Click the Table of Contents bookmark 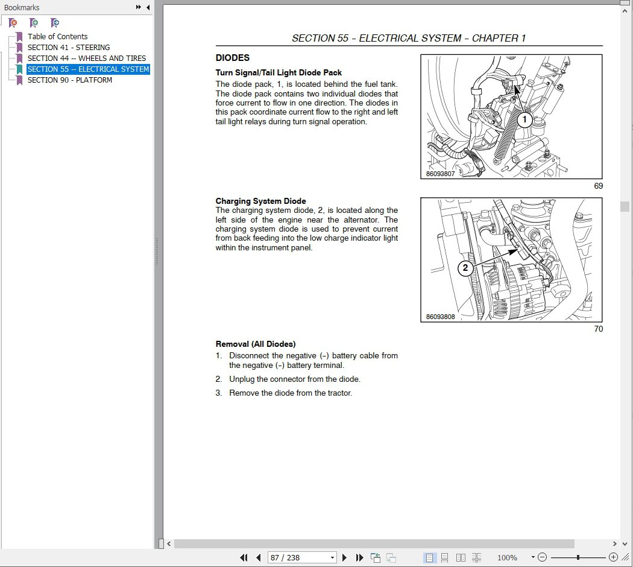(57, 37)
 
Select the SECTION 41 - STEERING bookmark (69, 48)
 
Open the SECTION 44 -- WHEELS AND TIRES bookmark (86, 59)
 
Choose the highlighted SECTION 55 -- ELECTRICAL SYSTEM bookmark (88, 69)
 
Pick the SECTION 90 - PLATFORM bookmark (69, 80)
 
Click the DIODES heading (233, 59)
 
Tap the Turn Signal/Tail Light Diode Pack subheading (279, 73)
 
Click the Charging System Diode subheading (260, 201)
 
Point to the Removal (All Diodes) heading (256, 344)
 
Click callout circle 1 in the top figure (524, 120)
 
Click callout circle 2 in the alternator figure (465, 268)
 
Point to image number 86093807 (440, 174)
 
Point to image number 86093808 (440, 317)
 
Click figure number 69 (598, 186)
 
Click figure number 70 (598, 329)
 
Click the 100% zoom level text (507, 558)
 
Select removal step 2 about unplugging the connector (294, 379)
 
